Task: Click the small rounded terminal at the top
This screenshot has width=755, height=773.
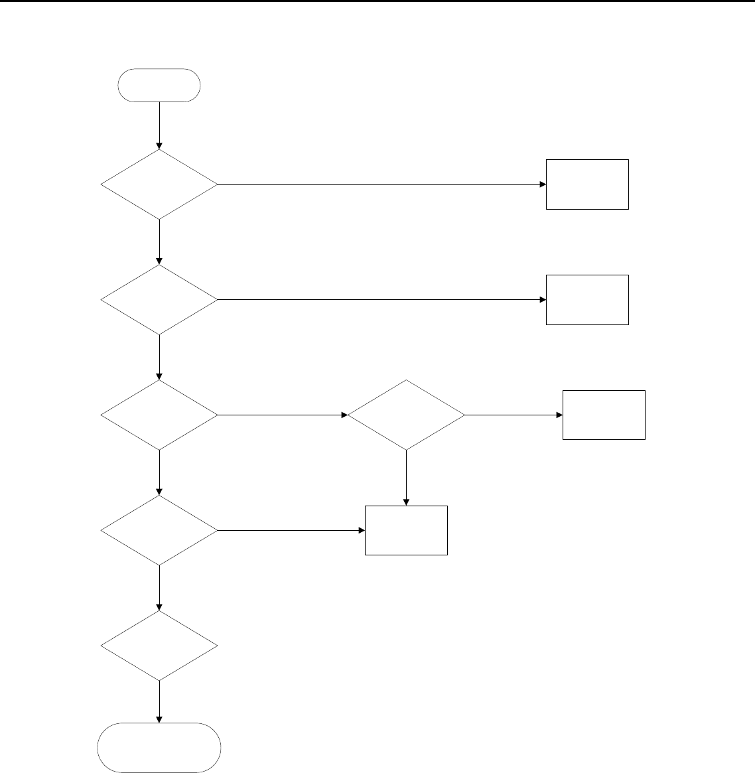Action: pos(159,85)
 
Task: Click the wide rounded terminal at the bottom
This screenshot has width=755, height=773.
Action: pos(159,748)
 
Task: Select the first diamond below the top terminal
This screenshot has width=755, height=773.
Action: pos(159,184)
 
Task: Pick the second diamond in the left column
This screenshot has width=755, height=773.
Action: pos(159,300)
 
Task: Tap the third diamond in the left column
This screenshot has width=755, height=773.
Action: pos(159,415)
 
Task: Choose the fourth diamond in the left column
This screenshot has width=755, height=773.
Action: pos(159,531)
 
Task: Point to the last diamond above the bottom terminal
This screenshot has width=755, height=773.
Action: pos(159,646)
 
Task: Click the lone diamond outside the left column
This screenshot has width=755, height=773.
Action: pos(406,415)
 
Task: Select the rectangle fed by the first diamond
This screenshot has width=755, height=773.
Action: pos(587,184)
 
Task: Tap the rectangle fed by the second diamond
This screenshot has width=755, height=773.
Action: pos(587,300)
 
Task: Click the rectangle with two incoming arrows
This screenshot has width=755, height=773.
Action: pos(406,530)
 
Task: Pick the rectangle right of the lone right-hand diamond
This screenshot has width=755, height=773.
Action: pos(604,415)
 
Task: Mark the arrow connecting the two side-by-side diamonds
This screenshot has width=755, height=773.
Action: pos(283,415)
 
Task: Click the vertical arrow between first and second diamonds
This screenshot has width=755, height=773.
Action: pos(159,242)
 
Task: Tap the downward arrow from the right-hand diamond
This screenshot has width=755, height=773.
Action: pos(406,478)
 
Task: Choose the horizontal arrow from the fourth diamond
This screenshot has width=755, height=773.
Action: pos(291,531)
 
